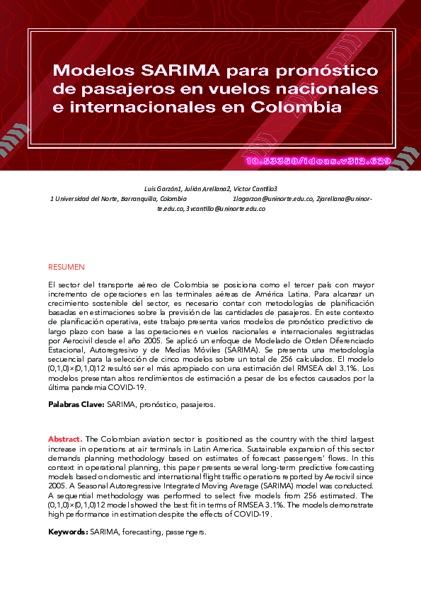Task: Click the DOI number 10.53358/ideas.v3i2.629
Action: (318, 161)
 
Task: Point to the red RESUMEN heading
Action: (66, 267)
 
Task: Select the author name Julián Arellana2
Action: (207, 189)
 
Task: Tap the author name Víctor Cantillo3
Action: (256, 189)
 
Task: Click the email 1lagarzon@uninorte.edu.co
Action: (273, 200)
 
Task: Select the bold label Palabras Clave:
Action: (76, 404)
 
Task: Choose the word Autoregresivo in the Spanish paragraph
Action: (118, 350)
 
